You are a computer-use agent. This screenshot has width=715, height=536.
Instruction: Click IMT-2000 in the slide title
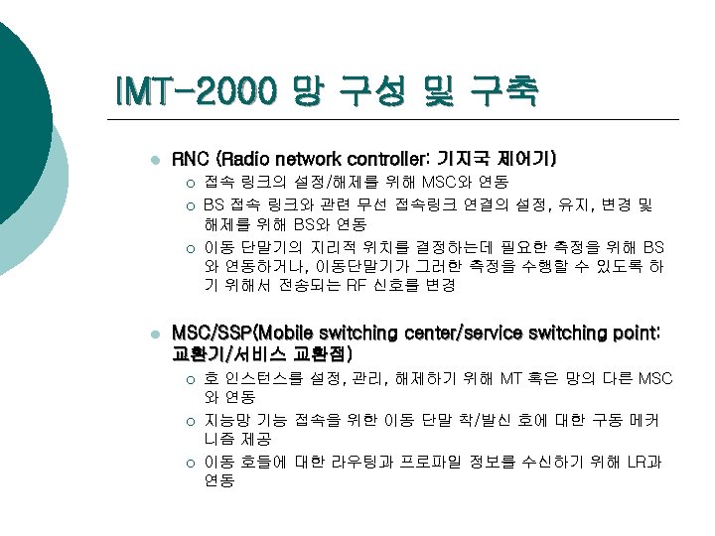pyautogui.click(x=196, y=91)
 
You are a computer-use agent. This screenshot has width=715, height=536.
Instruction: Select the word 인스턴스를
pyautogui.click(x=275, y=378)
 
